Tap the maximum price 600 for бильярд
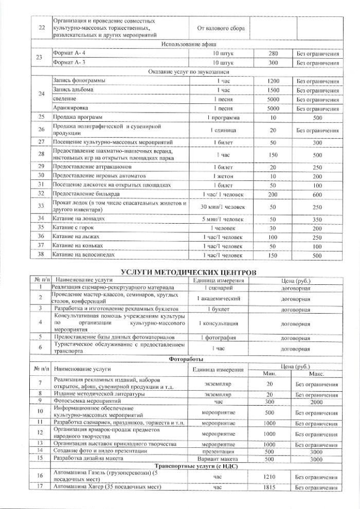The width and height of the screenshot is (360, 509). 317,194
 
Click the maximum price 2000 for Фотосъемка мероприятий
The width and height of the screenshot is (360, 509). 317,401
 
